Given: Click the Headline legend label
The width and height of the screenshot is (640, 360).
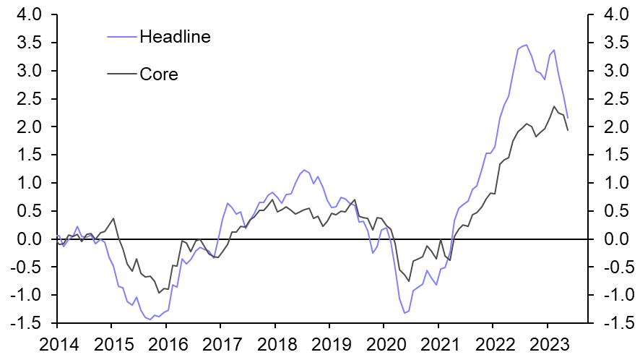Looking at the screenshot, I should click(x=175, y=36).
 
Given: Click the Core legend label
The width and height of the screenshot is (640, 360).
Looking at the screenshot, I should click(x=159, y=74).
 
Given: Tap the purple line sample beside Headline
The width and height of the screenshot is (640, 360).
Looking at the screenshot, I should click(x=121, y=36).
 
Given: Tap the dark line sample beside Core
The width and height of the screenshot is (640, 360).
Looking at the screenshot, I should click(x=121, y=74).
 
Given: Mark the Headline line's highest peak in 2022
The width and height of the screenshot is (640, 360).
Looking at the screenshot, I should click(x=526, y=45).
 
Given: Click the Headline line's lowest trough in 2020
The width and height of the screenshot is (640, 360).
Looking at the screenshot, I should click(x=405, y=313).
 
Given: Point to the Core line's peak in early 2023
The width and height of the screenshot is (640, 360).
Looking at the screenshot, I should click(x=554, y=106).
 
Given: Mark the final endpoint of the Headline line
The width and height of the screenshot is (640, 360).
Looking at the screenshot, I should click(x=568, y=118).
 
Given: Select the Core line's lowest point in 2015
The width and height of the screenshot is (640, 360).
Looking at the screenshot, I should click(x=159, y=293).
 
